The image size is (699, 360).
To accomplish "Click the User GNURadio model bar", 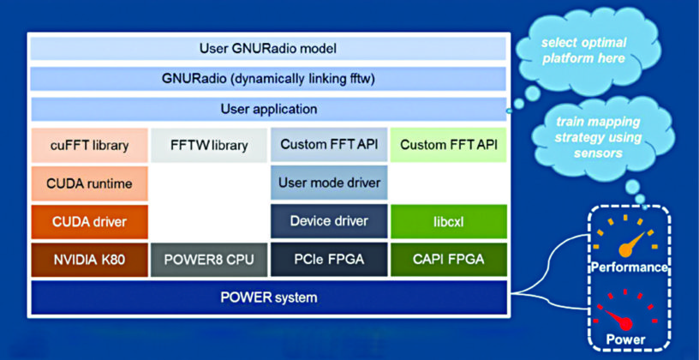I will [x=269, y=48].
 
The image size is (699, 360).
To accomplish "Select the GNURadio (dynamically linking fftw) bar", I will [x=269, y=79].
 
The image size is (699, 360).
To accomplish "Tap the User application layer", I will [x=269, y=110].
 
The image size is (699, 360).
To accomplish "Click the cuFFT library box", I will [x=89, y=145].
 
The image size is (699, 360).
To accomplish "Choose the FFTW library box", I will [x=207, y=145].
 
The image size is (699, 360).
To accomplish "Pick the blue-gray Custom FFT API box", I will [x=327, y=145].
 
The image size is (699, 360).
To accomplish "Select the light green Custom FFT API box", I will [x=448, y=145].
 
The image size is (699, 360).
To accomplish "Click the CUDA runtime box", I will [x=89, y=183].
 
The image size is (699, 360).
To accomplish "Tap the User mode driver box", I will [x=327, y=183].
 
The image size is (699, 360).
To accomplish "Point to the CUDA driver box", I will [x=89, y=221].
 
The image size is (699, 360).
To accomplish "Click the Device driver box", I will [x=327, y=221].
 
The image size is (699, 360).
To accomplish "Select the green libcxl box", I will [x=448, y=221].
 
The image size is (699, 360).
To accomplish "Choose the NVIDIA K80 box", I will [x=89, y=260].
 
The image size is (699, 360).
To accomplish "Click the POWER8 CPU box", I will [x=207, y=260].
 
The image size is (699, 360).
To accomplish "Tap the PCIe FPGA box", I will [x=327, y=260].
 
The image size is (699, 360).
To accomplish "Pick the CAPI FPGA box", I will [x=448, y=260].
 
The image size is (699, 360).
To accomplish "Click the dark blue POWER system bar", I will [x=269, y=297].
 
